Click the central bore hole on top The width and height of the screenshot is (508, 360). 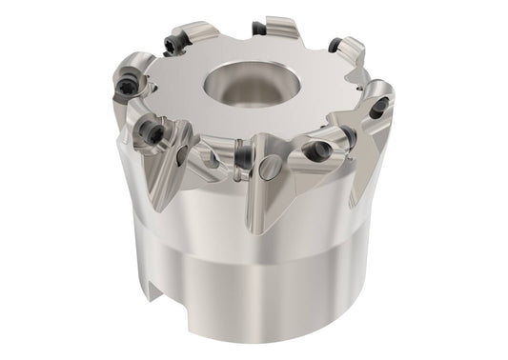click(x=249, y=80)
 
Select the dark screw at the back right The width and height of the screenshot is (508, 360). click(x=335, y=45)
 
